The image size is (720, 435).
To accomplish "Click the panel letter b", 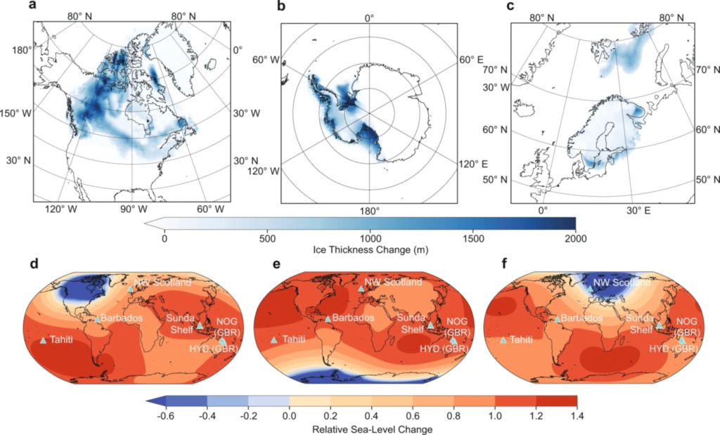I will point(282,7).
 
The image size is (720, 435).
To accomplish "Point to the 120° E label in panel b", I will point(474,164).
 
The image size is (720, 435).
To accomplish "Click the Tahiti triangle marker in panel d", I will point(43,341).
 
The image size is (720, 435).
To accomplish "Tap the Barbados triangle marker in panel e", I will point(328,318).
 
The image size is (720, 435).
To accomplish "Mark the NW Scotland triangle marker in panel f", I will point(591,288).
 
